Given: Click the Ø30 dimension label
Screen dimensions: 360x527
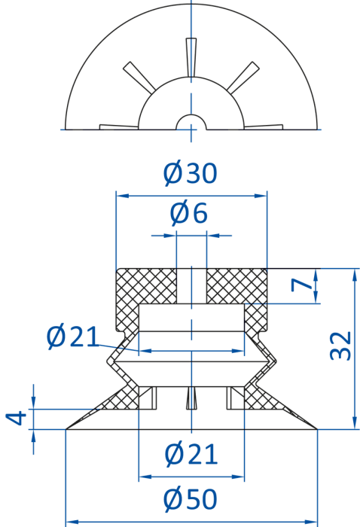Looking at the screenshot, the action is (191, 173).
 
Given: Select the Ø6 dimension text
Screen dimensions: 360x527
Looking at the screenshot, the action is (189, 213).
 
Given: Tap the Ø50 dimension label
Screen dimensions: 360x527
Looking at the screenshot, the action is (191, 499).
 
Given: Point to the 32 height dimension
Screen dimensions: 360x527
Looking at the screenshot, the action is (340, 346).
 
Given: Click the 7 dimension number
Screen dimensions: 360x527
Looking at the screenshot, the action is (301, 285).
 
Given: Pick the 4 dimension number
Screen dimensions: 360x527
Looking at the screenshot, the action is (16, 418).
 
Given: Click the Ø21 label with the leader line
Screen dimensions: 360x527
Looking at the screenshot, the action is (73, 337).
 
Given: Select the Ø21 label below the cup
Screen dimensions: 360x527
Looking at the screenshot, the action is (191, 455).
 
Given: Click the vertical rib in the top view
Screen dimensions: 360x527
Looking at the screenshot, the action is (191, 58).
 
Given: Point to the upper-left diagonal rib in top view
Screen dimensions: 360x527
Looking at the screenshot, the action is (139, 76).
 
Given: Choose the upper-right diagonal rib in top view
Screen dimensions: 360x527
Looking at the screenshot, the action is (243, 77).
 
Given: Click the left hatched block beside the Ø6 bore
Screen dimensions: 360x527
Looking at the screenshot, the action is (147, 285).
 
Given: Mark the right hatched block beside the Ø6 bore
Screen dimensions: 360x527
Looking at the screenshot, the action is (236, 285).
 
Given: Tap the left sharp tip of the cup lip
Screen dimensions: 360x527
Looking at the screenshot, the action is (66, 429).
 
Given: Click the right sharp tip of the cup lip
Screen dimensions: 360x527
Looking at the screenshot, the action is (317, 429).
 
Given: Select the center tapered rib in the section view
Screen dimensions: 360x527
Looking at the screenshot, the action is (191, 398).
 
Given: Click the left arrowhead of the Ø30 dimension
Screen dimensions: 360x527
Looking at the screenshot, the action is (123, 196).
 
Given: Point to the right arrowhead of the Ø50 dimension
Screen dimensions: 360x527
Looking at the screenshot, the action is (310, 522).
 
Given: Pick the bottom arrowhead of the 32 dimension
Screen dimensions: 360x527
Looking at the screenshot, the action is (354, 423).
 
